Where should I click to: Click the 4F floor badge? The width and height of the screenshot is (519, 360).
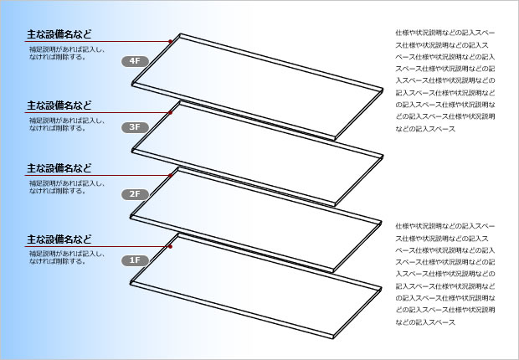click(135, 60)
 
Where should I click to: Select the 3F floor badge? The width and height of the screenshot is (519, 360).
click(135, 127)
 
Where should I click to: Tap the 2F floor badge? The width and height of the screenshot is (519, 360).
click(135, 194)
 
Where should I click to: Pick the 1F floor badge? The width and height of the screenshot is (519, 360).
click(135, 260)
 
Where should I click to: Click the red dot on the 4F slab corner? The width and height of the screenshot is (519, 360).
click(170, 40)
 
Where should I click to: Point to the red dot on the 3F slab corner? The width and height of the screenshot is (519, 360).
click(171, 111)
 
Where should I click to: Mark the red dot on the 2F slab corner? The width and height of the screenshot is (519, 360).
click(173, 174)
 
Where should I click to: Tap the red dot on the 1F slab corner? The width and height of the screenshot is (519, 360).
click(171, 247)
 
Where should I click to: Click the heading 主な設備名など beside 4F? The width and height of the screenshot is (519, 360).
click(59, 34)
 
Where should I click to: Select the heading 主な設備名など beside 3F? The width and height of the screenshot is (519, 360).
click(59, 105)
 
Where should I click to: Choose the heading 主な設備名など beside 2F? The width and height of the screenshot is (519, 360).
click(59, 167)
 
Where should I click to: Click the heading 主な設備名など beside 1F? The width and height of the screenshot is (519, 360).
click(59, 239)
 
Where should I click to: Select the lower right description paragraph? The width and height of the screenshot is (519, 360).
click(446, 274)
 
